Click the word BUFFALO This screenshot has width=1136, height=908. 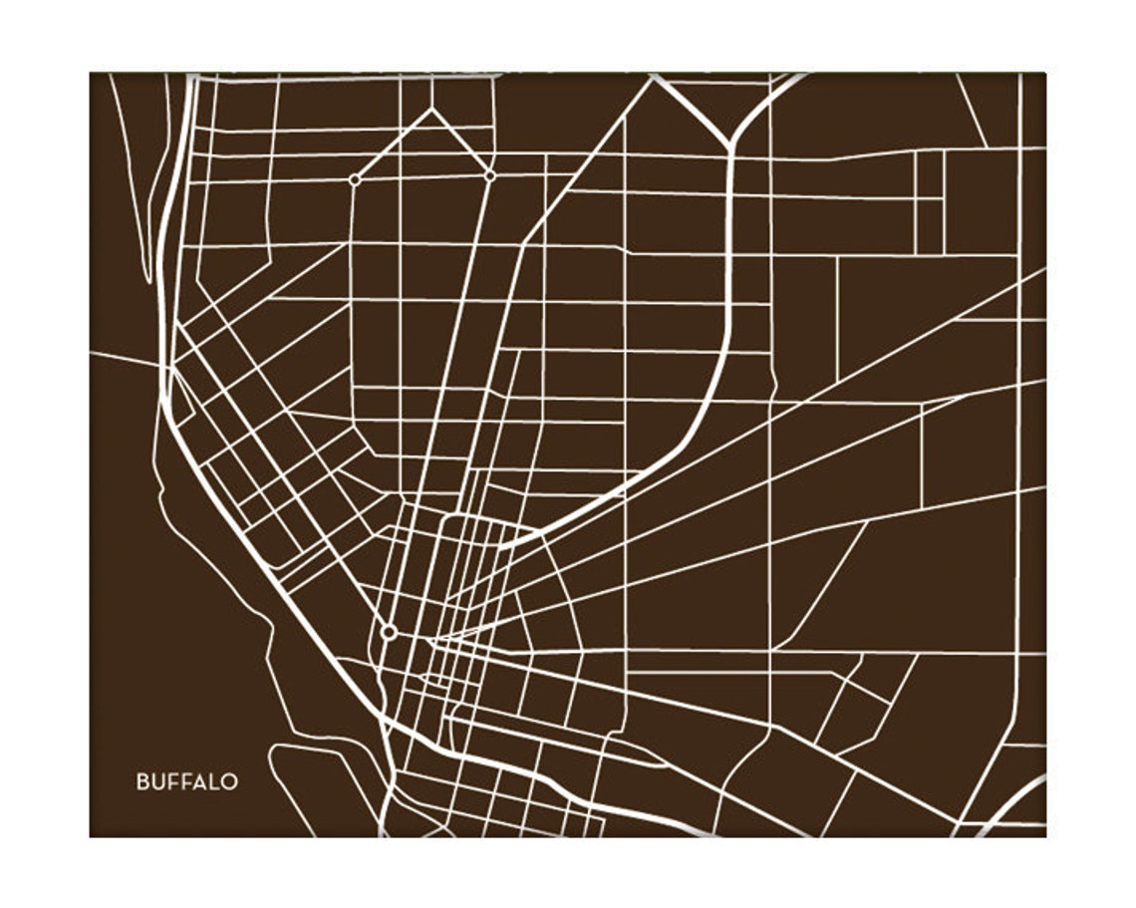186,782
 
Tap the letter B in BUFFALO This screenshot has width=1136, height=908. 142,782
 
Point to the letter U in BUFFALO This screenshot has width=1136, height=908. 156,782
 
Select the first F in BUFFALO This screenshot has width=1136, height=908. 170,782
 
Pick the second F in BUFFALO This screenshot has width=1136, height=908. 183,782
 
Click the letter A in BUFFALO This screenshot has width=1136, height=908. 197,782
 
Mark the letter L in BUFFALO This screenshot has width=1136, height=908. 212,782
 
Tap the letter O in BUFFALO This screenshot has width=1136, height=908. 229,782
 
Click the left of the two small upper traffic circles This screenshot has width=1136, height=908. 354,180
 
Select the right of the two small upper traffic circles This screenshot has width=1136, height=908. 490,175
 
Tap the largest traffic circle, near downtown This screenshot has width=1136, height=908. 389,632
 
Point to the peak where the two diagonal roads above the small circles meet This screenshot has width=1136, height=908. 431,109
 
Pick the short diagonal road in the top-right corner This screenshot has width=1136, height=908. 972,110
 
